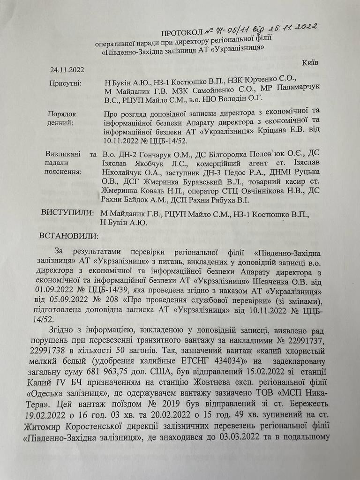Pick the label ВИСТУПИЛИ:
[66, 213]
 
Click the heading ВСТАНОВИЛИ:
[69, 235]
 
